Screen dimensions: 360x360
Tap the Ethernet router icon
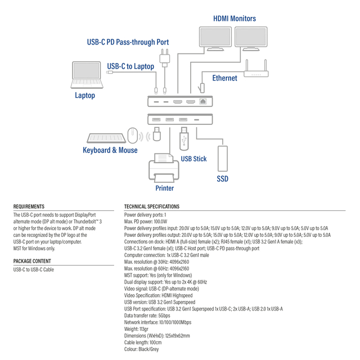pyautogui.click(x=256, y=70)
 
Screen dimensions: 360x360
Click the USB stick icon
pyautogui.click(x=184, y=139)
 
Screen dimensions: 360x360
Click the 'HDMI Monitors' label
pyautogui.click(x=234, y=19)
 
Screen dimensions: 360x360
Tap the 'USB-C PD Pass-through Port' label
pyautogui.click(x=128, y=42)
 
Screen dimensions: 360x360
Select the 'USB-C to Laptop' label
pyautogui.click(x=130, y=66)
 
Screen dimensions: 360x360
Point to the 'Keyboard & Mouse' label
pyautogui.click(x=110, y=150)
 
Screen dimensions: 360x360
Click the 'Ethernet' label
pyautogui.click(x=224, y=78)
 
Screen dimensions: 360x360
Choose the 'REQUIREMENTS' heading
pyautogui.click(x=29, y=207)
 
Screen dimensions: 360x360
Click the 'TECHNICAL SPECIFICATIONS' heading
pyautogui.click(x=151, y=207)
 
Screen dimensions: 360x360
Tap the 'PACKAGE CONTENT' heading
pyautogui.click(x=32, y=261)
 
